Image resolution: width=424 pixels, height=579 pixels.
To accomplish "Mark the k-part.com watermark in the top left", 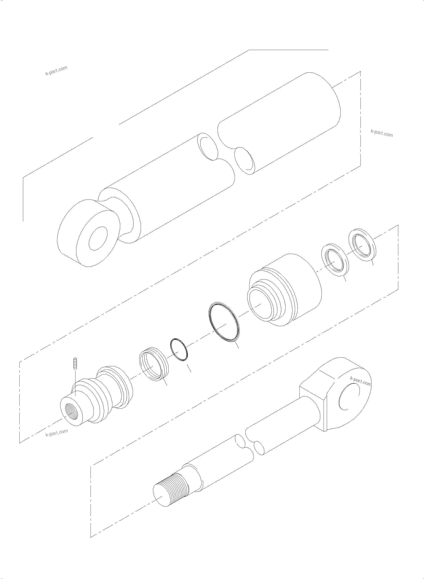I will coord(56,71).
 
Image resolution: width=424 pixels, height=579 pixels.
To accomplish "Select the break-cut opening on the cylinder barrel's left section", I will coord(208,147).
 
